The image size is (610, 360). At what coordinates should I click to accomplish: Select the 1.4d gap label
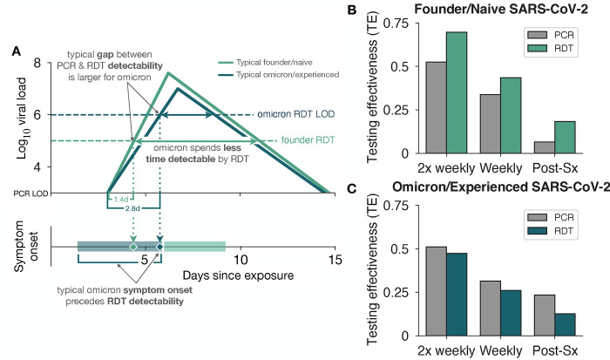click(120, 200)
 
